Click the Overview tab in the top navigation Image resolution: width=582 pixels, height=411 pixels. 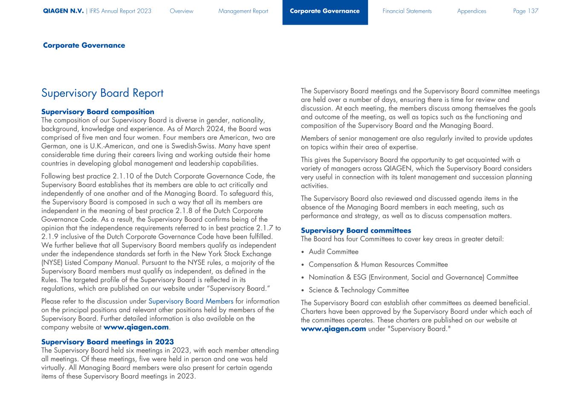pyautogui.click(x=181, y=11)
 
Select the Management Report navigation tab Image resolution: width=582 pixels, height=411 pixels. pyautogui.click(x=243, y=11)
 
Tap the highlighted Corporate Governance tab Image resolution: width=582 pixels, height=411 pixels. pyautogui.click(x=324, y=11)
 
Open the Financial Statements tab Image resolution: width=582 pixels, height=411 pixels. pyautogui.click(x=407, y=11)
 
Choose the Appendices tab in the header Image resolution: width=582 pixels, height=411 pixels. pyautogui.click(x=471, y=11)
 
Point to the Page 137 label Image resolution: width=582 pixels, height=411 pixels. pyautogui.click(x=525, y=11)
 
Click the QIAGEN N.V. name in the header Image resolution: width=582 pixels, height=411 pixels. pyautogui.click(x=63, y=11)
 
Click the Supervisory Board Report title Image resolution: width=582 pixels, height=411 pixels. pyautogui.click(x=102, y=93)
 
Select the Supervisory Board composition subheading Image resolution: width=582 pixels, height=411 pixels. pyautogui.click(x=98, y=112)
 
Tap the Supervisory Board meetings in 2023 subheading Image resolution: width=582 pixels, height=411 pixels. pyautogui.click(x=107, y=342)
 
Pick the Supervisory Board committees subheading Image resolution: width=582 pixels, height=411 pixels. pyautogui.click(x=356, y=231)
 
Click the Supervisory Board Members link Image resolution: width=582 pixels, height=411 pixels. pyautogui.click(x=191, y=301)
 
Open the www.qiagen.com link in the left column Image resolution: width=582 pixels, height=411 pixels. pyautogui.click(x=136, y=327)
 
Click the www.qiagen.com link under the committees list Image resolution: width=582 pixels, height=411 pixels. pyautogui.click(x=333, y=329)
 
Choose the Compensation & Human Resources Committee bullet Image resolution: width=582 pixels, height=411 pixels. pyautogui.click(x=378, y=265)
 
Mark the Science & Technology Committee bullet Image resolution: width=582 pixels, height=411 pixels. pyautogui.click(x=359, y=290)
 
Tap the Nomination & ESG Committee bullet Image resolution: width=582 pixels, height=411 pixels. pyautogui.click(x=413, y=278)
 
